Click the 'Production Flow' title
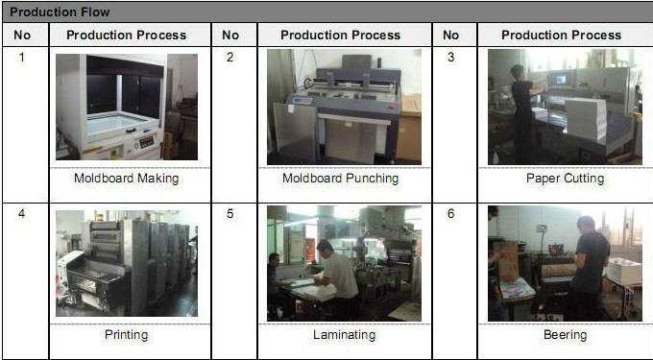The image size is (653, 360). point(60,12)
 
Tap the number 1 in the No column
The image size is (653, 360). point(22,57)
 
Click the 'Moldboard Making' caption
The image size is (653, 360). point(126,179)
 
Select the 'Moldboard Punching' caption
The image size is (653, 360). point(340,179)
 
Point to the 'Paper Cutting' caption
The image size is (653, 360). point(565,179)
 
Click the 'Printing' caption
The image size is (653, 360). point(126,335)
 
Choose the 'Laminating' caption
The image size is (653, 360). point(344,335)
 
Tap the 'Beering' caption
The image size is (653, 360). point(565,335)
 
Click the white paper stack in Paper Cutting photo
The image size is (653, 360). point(585,119)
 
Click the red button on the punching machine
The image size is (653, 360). point(391,107)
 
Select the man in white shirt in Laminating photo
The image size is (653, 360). point(336,276)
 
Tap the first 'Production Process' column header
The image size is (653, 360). point(126,35)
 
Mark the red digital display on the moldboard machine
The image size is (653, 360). point(147,142)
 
